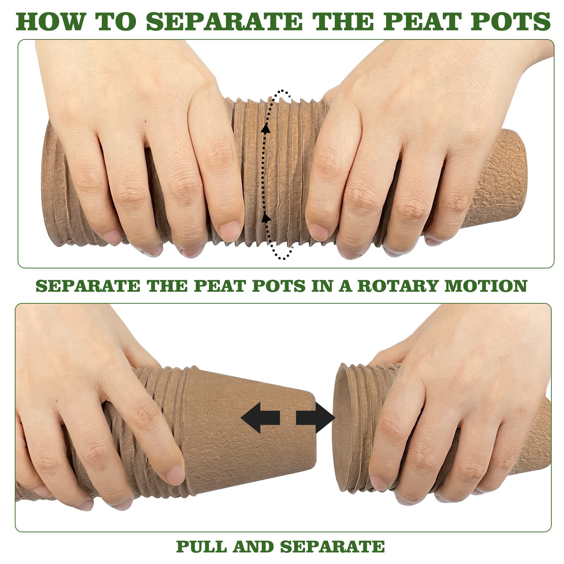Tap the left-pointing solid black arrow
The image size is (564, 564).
[260, 417]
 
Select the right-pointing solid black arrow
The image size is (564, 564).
[315, 417]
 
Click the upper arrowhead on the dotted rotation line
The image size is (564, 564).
[266, 129]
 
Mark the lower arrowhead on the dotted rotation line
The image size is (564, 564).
[266, 217]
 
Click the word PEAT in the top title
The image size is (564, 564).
[423, 21]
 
